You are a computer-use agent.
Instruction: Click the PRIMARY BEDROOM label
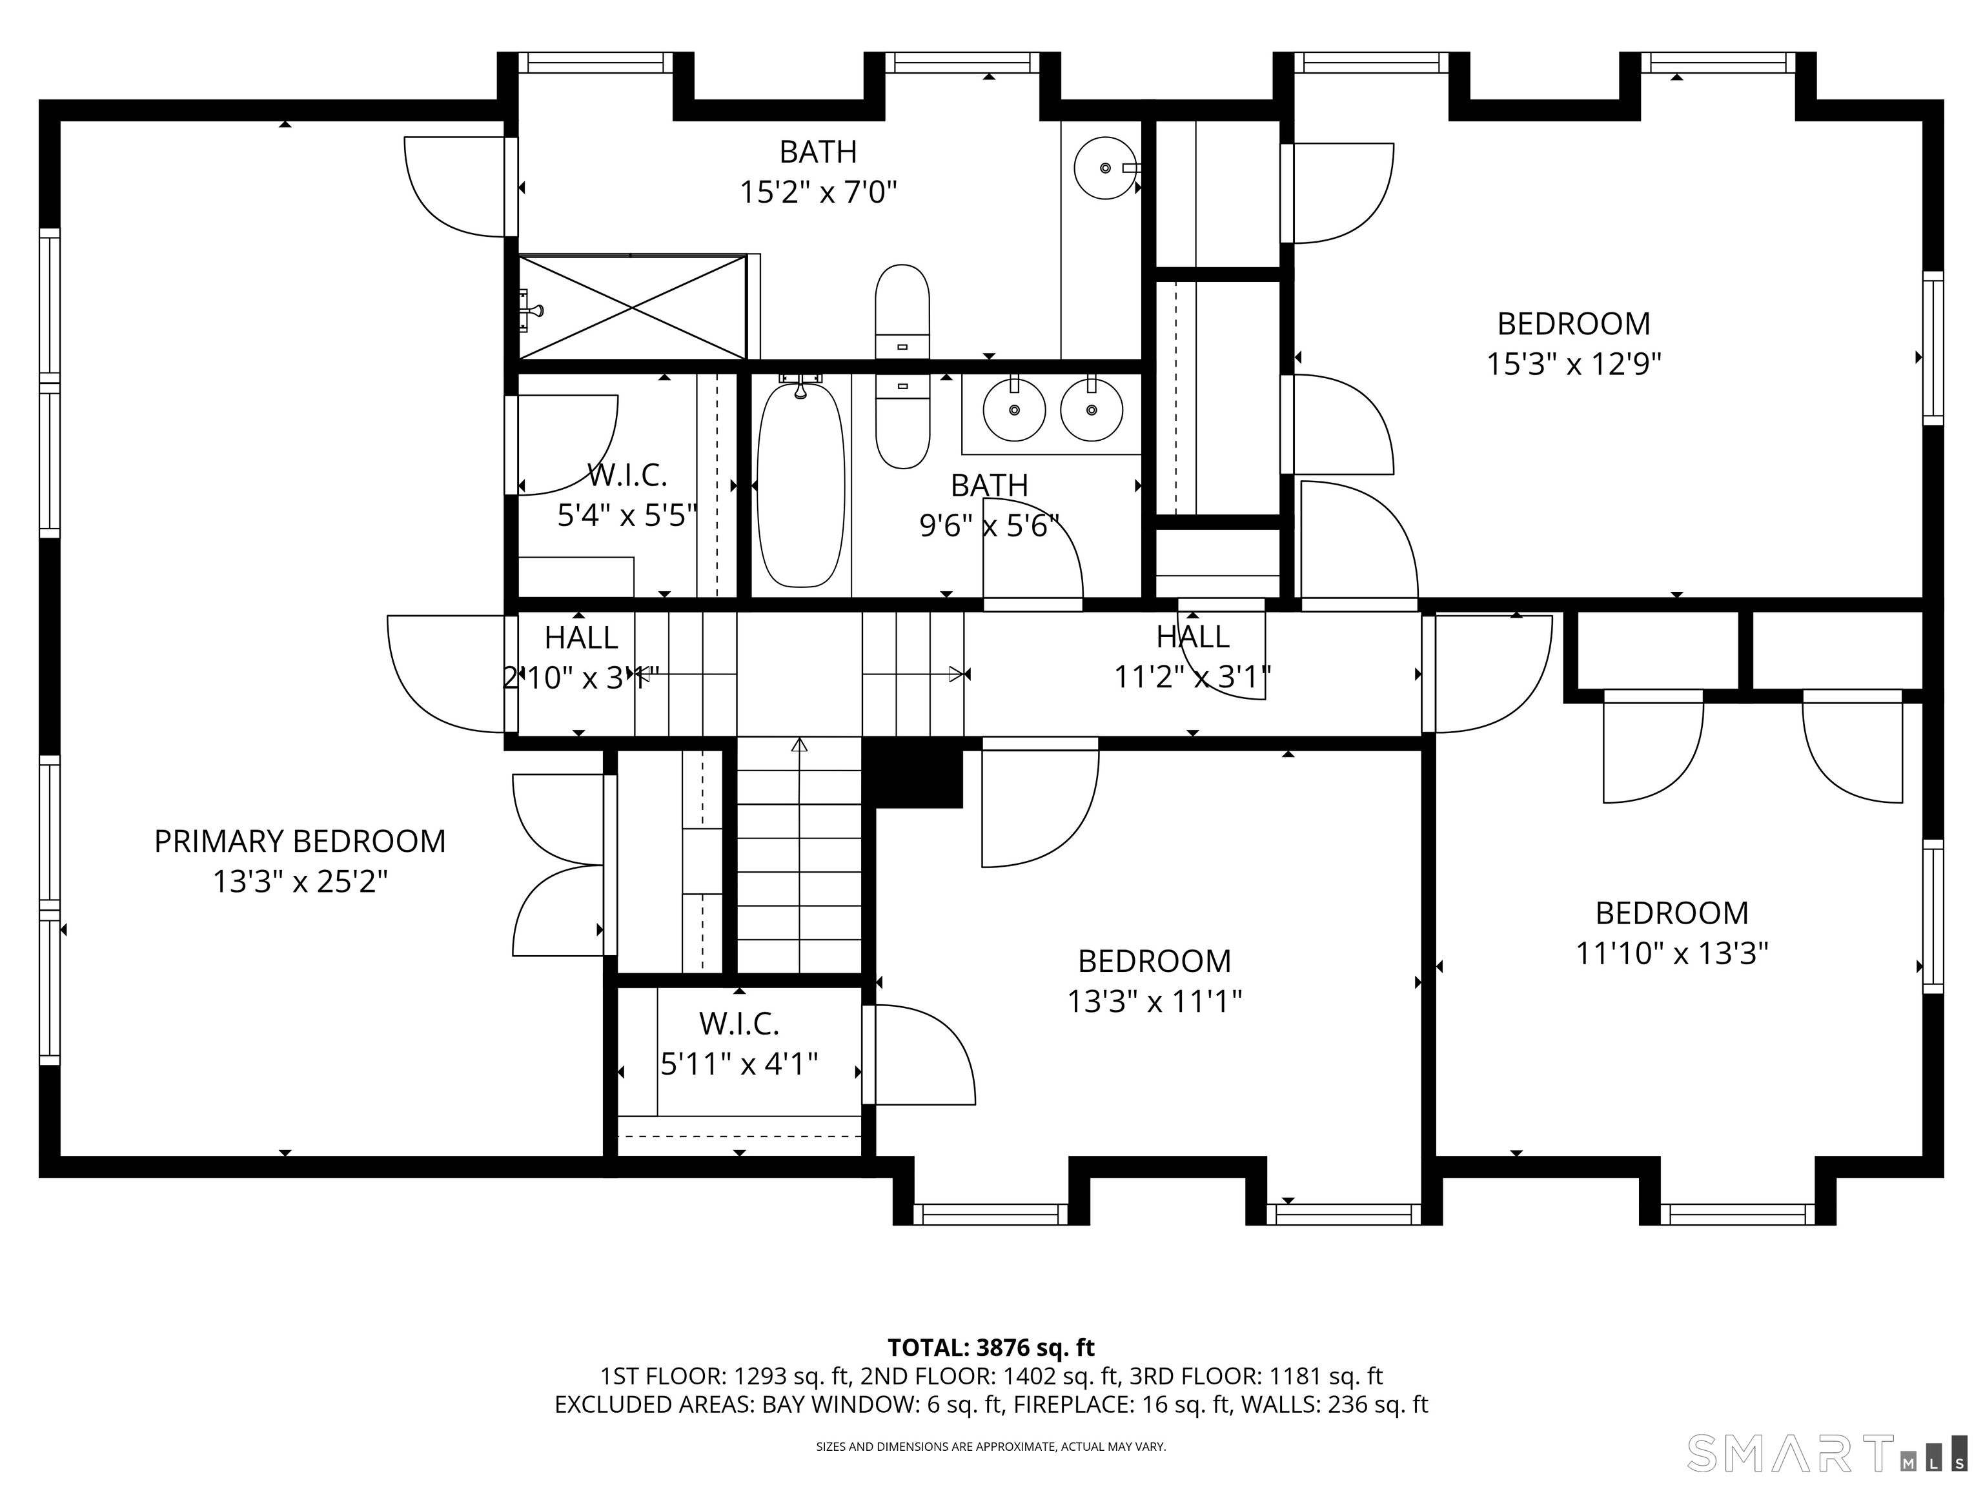point(300,841)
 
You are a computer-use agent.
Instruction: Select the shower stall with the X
point(633,307)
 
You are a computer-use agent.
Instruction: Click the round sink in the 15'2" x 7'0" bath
point(1105,168)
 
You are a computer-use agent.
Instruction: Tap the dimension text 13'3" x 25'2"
point(300,882)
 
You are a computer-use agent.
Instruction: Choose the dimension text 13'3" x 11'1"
point(1155,1001)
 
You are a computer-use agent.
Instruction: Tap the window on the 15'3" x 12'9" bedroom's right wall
point(1933,348)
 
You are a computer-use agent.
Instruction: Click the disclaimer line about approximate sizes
point(991,1447)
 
